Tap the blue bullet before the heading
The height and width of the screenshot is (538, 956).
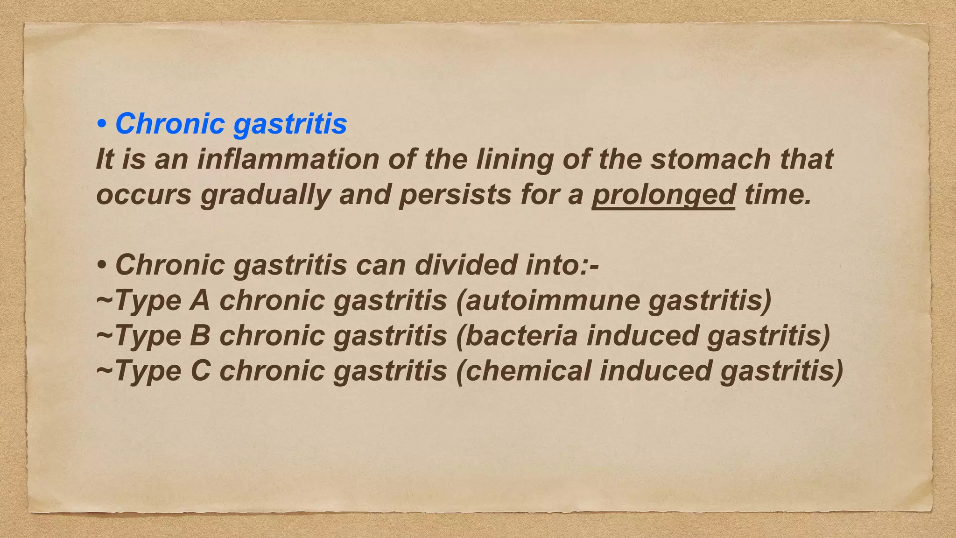click(101, 125)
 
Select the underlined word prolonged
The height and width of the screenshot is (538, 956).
click(663, 194)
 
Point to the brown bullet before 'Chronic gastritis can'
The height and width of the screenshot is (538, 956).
click(101, 266)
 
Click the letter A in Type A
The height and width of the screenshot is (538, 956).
click(200, 300)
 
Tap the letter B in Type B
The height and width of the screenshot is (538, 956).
click(200, 335)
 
